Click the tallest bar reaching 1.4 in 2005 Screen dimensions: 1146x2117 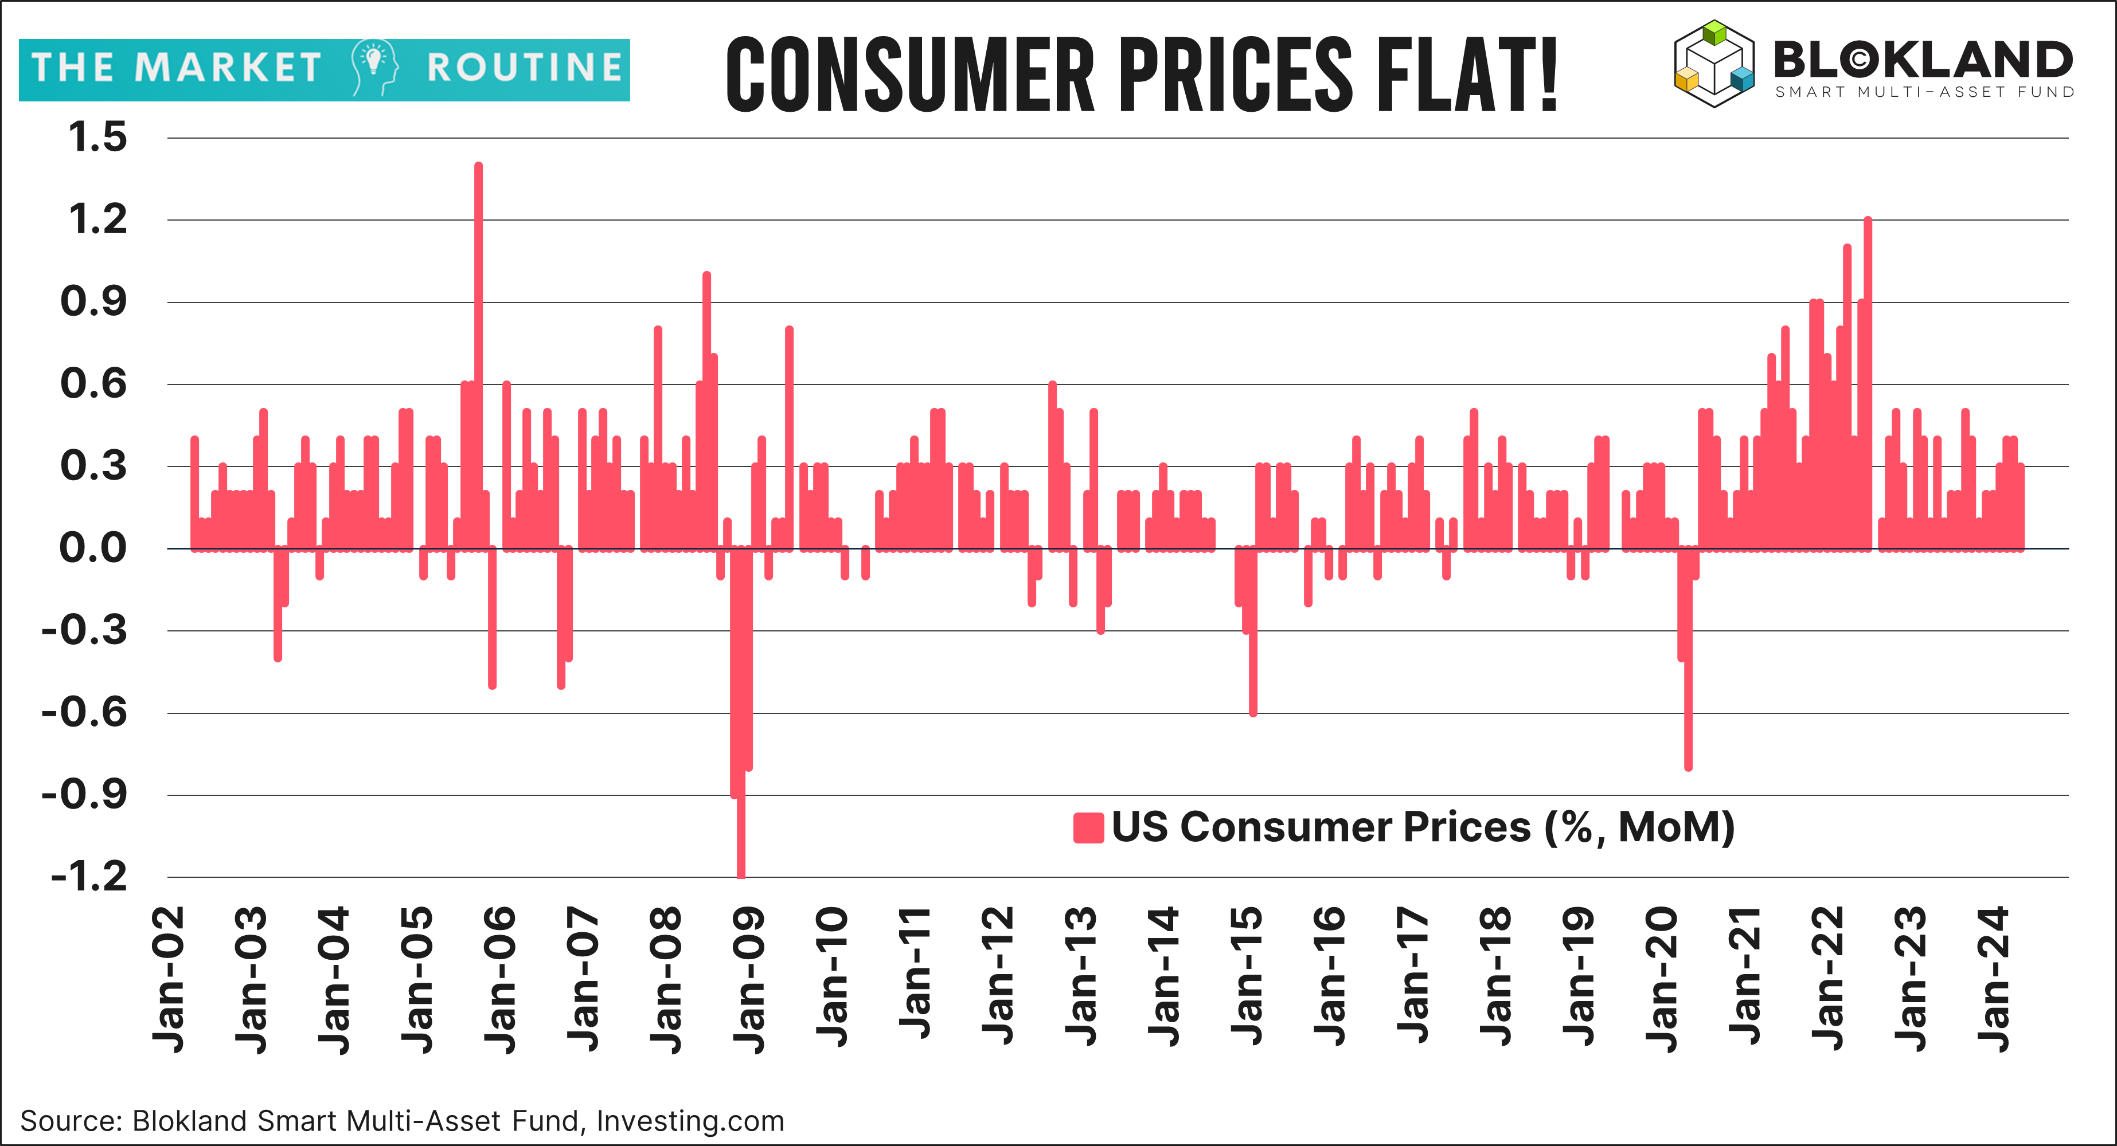(x=478, y=353)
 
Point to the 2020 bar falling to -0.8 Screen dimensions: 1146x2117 (x=1688, y=657)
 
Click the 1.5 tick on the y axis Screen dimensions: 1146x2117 (x=97, y=137)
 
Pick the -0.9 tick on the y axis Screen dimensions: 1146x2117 (x=85, y=794)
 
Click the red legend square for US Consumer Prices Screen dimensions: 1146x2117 (x=1087, y=828)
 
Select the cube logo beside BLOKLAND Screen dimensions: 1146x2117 (x=1713, y=64)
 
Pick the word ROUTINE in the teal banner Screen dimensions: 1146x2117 (x=524, y=68)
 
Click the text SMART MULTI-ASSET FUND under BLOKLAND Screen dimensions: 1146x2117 (x=1924, y=92)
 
